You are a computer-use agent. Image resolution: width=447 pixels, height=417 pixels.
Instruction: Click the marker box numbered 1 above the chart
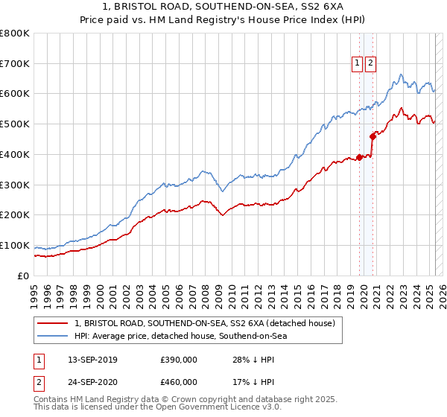pos(358,63)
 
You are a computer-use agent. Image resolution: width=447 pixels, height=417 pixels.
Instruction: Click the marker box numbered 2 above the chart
pos(370,63)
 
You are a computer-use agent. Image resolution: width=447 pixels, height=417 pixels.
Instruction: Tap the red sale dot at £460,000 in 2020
pos(372,136)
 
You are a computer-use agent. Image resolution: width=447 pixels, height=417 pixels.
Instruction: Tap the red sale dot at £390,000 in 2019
pos(359,157)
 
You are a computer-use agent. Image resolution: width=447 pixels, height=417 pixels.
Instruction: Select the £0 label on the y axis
pos(22,276)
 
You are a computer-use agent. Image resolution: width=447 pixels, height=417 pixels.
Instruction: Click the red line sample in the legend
pos(53,323)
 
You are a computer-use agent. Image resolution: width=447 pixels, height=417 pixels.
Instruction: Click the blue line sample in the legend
pos(53,336)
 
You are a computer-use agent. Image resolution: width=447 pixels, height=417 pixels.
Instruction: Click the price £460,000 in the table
pos(179,382)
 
